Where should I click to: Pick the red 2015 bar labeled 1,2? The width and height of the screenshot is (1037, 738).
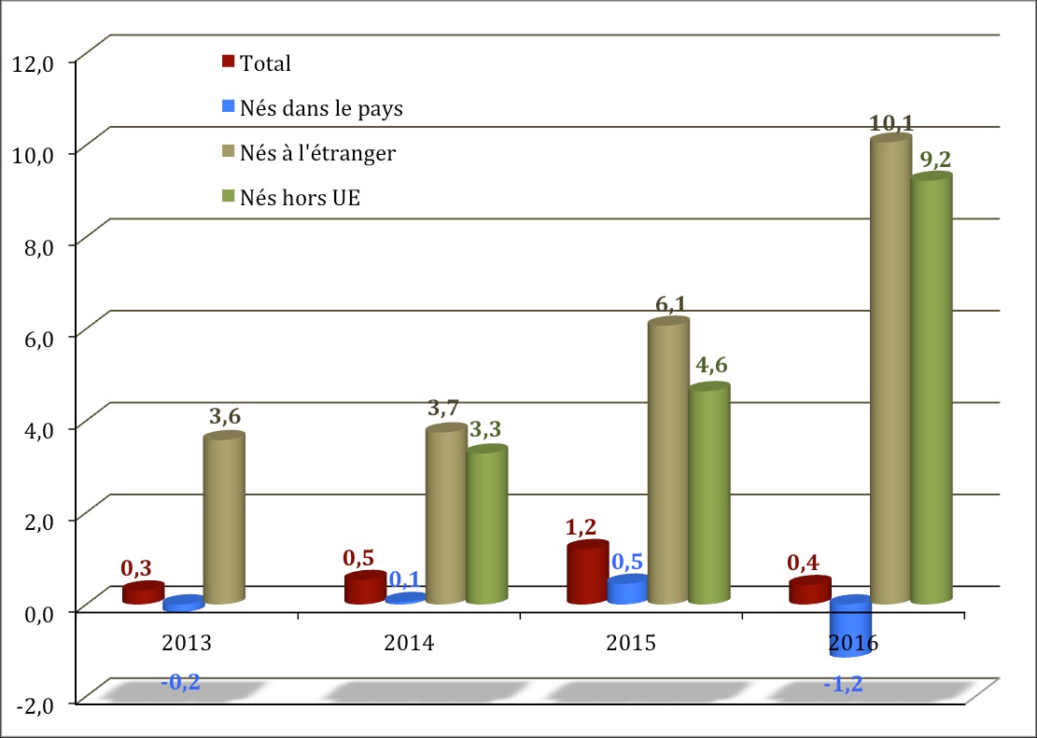(x=587, y=574)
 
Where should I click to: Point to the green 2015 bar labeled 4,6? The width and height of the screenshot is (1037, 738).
(x=708, y=494)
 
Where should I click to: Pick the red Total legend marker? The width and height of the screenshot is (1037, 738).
(x=228, y=63)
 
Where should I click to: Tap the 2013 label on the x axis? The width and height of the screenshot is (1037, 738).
(x=187, y=643)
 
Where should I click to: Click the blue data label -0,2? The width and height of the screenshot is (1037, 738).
(x=180, y=683)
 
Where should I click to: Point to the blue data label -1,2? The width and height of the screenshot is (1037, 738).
(x=843, y=685)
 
